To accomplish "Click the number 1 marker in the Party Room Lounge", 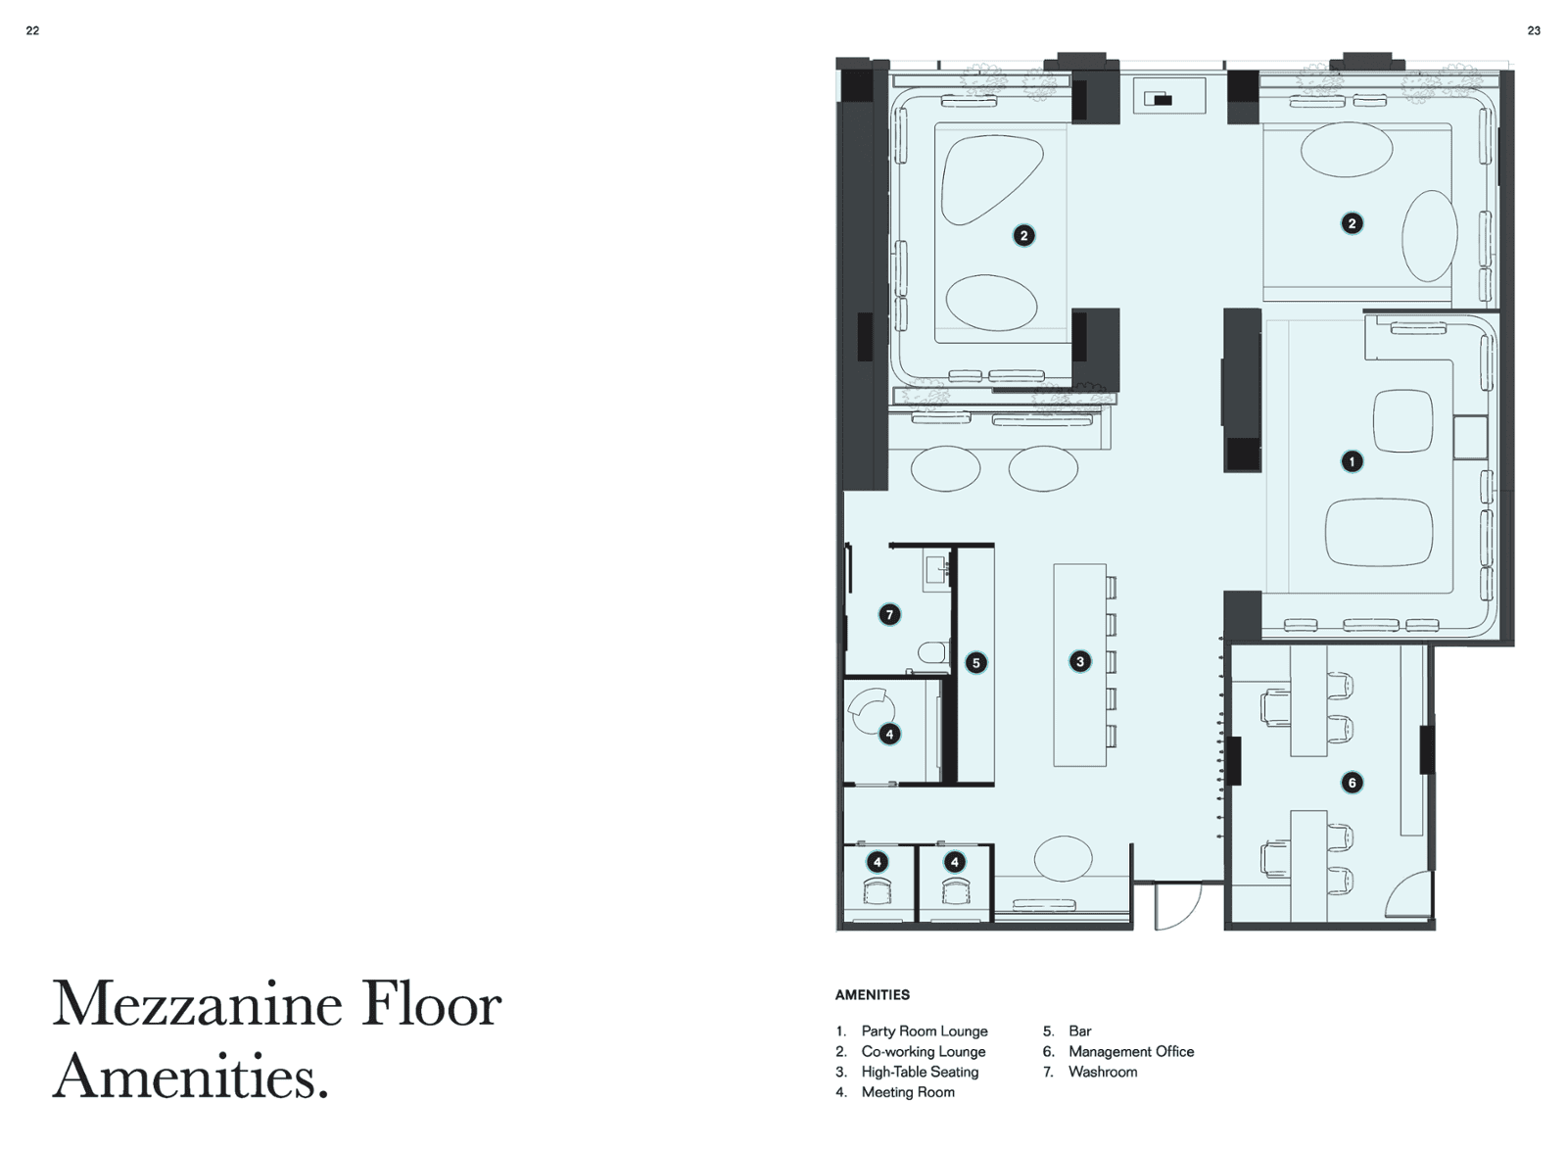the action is tap(1352, 461).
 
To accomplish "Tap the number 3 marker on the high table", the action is tap(1080, 661).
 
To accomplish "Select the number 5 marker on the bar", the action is tap(975, 663).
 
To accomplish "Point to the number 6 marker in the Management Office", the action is tap(1352, 783).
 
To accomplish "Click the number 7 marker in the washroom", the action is tap(889, 614).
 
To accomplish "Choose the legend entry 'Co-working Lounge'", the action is tap(924, 1051).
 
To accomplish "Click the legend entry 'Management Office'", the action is tap(1131, 1051).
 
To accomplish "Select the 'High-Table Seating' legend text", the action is tap(920, 1072).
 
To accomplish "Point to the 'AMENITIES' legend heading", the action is tap(873, 994).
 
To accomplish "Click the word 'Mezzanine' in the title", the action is tap(197, 1005).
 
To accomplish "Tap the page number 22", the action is tap(32, 30).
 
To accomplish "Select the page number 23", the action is tap(1534, 30).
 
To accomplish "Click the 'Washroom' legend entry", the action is tap(1103, 1072).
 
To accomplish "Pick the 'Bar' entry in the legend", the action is tap(1079, 1030).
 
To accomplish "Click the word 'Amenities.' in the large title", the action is tap(190, 1077).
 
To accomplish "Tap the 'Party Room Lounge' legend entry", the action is tap(925, 1030).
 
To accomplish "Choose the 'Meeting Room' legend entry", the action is tap(907, 1091).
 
